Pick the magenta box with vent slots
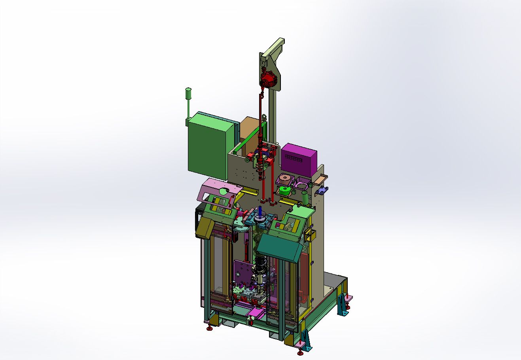[299, 157]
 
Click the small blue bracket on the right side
[322, 190]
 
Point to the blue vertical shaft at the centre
[260, 212]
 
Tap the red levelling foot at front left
[209, 327]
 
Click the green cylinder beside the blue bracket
[305, 197]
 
